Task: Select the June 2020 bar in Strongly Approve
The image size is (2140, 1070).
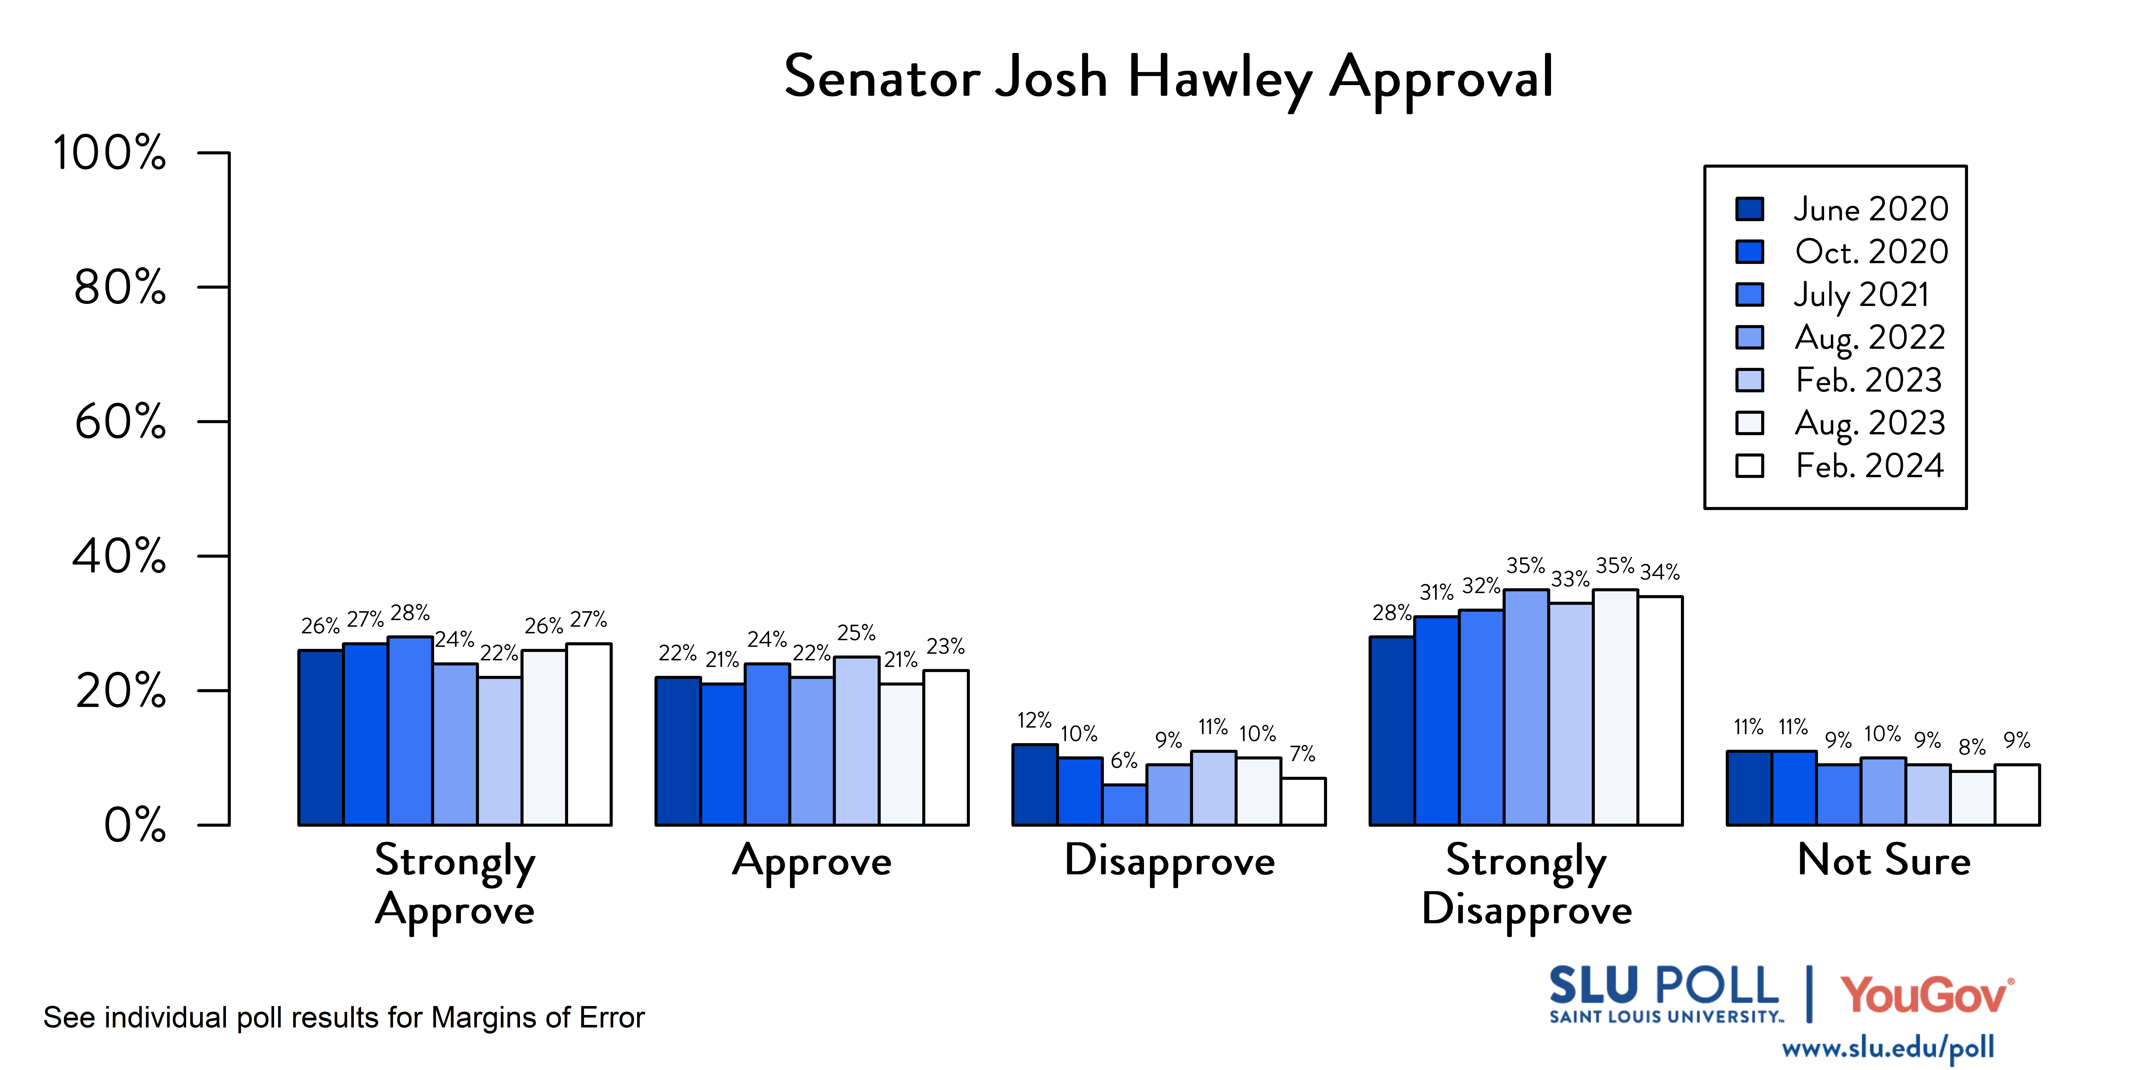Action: pos(322,738)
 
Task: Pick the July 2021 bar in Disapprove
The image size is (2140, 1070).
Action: pos(1125,805)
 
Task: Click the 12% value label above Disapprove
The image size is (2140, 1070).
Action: pos(1034,720)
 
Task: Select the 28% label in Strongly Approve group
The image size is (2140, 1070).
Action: pos(410,613)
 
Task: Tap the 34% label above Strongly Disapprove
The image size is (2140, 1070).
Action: pos(1660,572)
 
